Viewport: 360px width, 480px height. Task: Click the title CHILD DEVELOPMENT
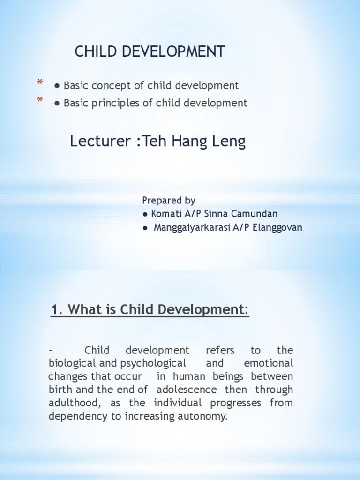(150, 52)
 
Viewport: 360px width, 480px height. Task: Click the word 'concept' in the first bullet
(122, 86)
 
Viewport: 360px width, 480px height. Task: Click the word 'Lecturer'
(96, 141)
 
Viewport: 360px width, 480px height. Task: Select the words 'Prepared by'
(169, 201)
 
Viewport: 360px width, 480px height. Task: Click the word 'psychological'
(153, 363)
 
